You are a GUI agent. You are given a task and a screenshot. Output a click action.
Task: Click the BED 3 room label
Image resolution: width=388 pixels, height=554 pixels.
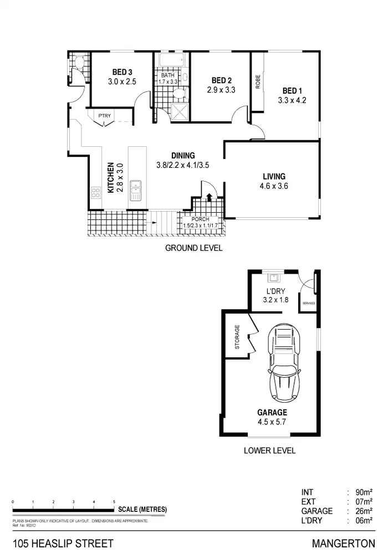[x=122, y=71]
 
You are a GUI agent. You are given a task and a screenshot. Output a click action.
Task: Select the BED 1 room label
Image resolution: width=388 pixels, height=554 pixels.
[x=292, y=91]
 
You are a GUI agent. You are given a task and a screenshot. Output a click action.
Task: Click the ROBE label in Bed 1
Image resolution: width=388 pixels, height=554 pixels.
[x=258, y=81]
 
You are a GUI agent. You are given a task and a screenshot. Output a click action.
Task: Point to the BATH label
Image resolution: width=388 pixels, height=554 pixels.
[x=168, y=75]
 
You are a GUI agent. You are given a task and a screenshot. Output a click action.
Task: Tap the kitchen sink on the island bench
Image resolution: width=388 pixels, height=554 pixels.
[x=135, y=190]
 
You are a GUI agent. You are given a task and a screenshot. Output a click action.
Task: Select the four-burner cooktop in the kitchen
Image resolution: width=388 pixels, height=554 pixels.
[x=95, y=193]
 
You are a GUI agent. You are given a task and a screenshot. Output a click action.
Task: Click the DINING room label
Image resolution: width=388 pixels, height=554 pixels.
[x=182, y=156]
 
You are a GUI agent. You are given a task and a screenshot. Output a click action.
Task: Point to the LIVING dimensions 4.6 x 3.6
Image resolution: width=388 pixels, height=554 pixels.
[x=273, y=186]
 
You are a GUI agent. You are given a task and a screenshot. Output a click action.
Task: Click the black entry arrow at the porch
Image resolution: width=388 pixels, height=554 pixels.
[x=209, y=197]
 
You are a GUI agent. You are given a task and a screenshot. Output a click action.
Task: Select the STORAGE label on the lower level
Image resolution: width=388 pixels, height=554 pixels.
[x=237, y=337]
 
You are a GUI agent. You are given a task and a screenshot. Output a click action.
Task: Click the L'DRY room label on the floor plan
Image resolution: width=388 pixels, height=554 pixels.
[x=275, y=291]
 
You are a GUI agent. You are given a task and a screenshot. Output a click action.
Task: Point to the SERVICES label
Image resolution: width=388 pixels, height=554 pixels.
[x=308, y=304]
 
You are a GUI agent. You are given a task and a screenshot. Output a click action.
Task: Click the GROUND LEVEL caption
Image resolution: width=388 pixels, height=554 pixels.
[x=193, y=248]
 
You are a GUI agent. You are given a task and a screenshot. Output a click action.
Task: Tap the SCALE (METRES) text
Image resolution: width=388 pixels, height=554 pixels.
[x=142, y=509]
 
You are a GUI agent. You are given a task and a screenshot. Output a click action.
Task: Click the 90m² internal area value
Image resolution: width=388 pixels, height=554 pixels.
[x=364, y=492]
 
